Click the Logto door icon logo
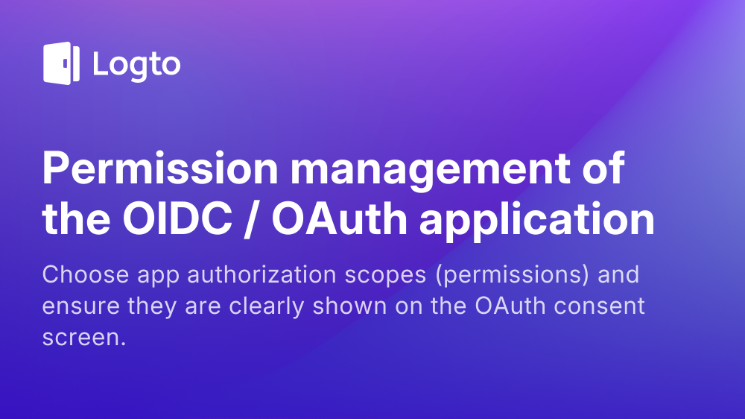(x=61, y=63)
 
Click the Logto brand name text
(x=136, y=65)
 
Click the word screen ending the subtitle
(x=84, y=338)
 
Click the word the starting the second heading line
(x=74, y=220)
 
